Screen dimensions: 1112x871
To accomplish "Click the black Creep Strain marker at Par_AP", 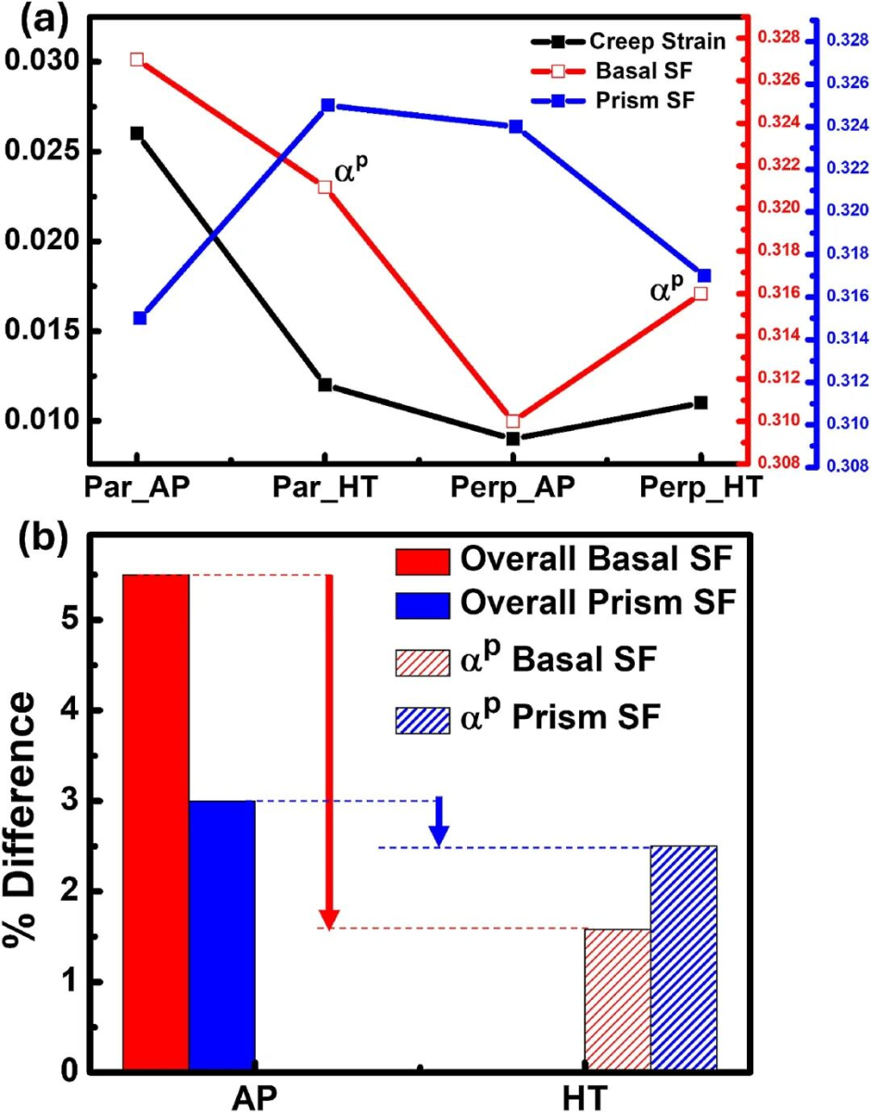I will pyautogui.click(x=137, y=133).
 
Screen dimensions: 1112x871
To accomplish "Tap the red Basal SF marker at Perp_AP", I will pyautogui.click(x=513, y=421).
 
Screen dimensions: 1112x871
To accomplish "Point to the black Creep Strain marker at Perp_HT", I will pyautogui.click(x=701, y=403).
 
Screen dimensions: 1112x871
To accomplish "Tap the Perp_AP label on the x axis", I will pyautogui.click(x=512, y=486).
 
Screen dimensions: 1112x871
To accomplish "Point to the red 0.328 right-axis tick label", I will pyautogui.click(x=778, y=38).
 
